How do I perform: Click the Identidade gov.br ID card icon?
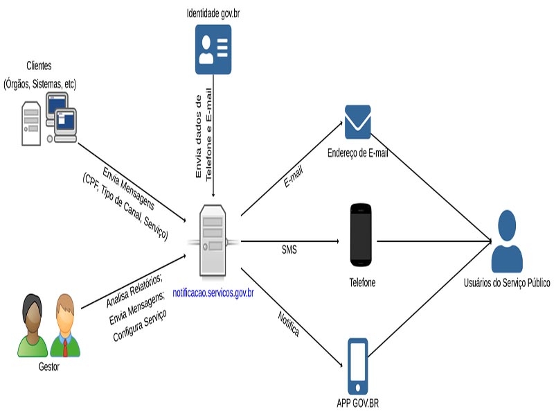coord(213,49)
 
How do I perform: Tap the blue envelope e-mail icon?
coord(357,122)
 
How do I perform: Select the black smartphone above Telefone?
coord(360,235)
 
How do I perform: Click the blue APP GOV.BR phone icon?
coord(357,366)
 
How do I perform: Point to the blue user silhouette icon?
coord(507,241)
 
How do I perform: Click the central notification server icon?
coord(213,240)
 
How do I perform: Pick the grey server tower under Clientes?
coord(31,123)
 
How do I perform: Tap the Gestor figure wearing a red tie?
coord(65,325)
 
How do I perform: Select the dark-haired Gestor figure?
coord(33,325)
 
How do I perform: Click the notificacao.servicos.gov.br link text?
coord(213,293)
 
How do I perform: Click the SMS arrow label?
coord(289,250)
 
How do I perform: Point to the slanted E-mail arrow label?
coord(293,177)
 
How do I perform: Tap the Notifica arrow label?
coord(289,324)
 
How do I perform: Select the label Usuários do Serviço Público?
coord(507,283)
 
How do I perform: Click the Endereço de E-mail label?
coord(357,153)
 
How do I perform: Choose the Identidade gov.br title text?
coord(213,13)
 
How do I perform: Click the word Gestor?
coord(48,367)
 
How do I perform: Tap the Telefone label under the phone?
coord(362,282)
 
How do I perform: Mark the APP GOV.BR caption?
coord(357,403)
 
